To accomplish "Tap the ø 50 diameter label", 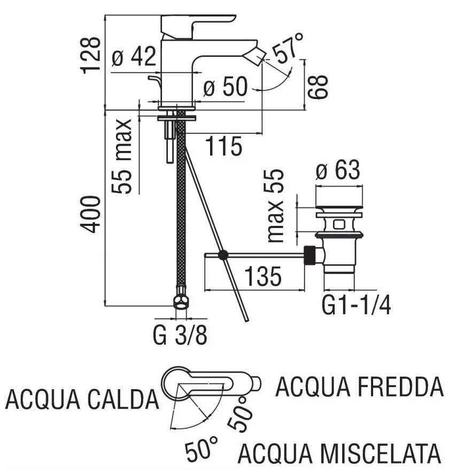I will [226, 86].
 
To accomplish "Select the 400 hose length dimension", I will [91, 214].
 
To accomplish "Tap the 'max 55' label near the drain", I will [276, 207].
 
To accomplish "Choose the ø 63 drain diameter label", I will [338, 171].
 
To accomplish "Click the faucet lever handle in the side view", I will [198, 24].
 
